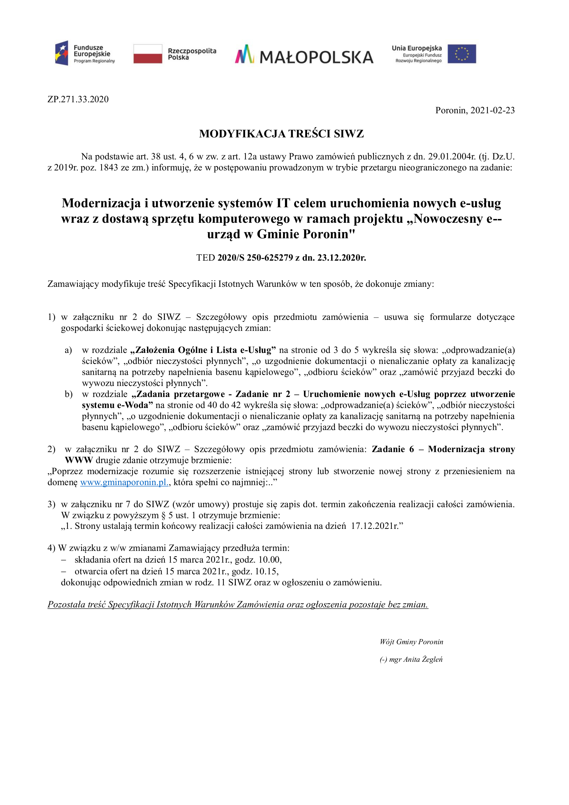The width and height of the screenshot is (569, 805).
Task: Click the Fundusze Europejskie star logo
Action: click(62, 53)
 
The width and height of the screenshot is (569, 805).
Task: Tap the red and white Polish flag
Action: click(148, 54)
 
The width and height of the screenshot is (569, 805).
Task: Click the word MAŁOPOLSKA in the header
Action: click(316, 57)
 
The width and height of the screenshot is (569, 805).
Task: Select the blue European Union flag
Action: click(461, 54)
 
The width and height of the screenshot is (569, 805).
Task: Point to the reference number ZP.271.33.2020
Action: click(78, 99)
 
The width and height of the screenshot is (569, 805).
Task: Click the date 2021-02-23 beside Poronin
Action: click(492, 111)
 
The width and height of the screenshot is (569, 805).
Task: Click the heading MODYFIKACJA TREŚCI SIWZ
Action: click(281, 134)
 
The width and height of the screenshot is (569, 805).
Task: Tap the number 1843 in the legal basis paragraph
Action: click(109, 168)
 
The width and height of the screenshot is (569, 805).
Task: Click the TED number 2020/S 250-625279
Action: click(255, 258)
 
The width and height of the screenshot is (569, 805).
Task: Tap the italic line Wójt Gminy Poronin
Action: click(411, 642)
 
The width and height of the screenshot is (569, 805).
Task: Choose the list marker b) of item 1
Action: click(69, 395)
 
